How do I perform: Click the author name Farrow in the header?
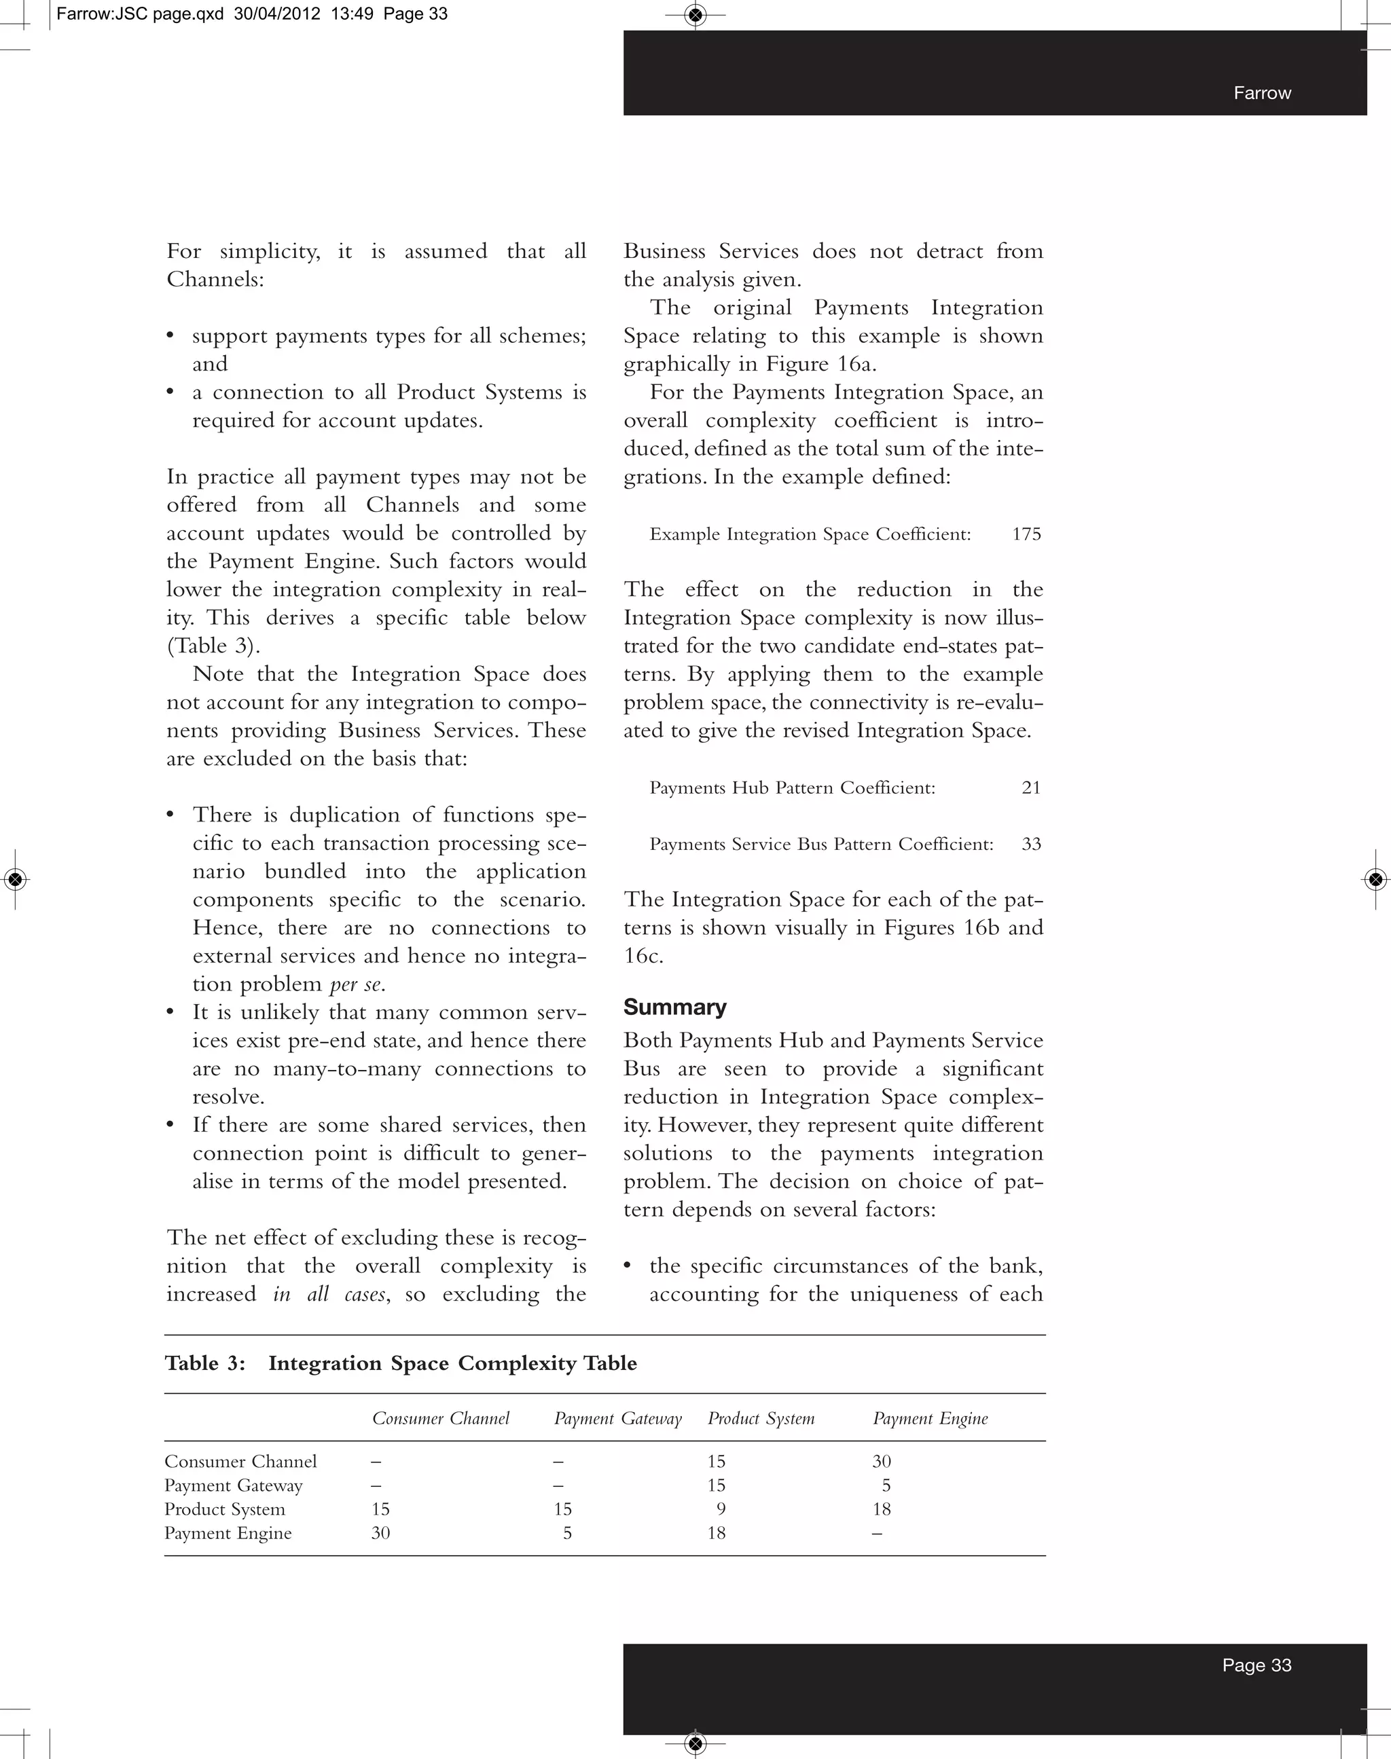tap(1261, 93)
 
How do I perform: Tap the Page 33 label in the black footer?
tap(1256, 1665)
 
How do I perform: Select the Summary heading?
tap(674, 1007)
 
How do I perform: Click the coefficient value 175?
tap(1026, 534)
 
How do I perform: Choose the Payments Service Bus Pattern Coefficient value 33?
tap(1030, 843)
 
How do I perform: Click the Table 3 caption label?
tap(205, 1363)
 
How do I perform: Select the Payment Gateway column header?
tap(617, 1418)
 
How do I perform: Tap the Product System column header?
tap(761, 1418)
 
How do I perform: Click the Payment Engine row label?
tap(228, 1533)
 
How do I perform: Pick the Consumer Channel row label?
tap(240, 1461)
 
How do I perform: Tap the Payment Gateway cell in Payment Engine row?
tap(567, 1533)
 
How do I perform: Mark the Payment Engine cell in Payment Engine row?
tap(876, 1533)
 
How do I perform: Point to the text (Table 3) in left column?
tap(213, 646)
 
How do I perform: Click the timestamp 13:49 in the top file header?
tap(353, 14)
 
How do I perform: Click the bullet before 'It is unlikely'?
tap(170, 1012)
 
